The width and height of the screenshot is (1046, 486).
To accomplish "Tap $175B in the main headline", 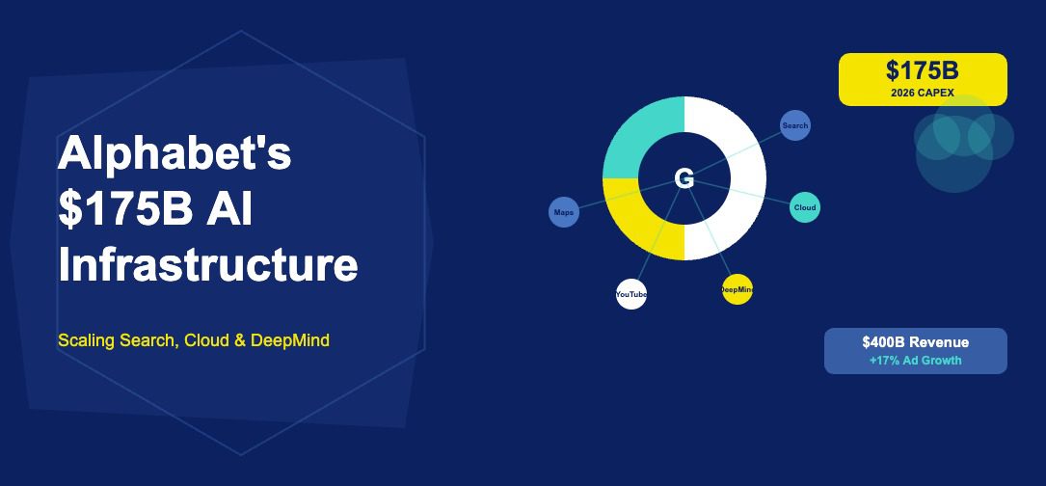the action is tap(125, 209).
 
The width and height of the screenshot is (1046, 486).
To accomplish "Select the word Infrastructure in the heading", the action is tap(208, 264).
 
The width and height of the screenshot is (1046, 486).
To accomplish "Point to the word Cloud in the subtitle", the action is tap(206, 340).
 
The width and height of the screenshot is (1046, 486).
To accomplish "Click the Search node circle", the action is tap(795, 125).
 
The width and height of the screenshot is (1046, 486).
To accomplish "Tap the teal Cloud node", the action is tap(805, 207).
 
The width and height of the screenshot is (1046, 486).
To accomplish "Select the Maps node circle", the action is tap(564, 212).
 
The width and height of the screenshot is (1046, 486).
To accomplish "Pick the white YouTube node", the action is tap(631, 294).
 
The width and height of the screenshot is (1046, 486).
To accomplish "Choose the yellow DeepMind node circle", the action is tap(738, 289).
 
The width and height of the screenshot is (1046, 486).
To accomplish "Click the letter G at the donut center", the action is tap(684, 179).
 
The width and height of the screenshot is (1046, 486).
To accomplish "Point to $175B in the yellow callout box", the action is tap(923, 70).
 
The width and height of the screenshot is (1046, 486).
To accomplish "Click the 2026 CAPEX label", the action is tap(923, 93).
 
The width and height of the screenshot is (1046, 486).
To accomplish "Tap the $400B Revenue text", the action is tap(915, 342).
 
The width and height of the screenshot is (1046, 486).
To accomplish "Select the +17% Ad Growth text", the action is tap(915, 361).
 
